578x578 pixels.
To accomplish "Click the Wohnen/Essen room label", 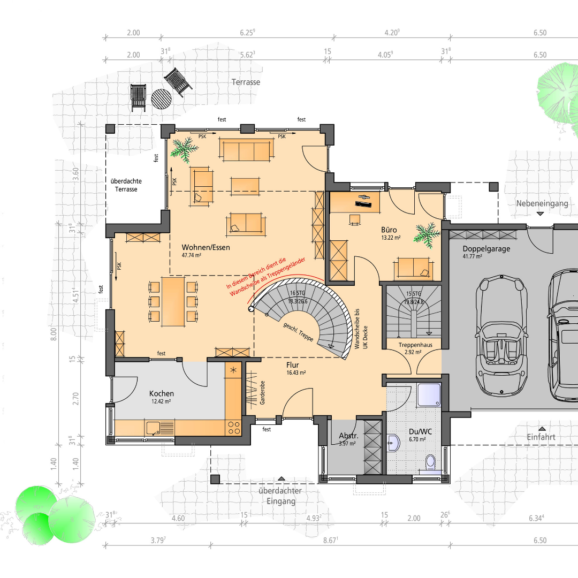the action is (x=206, y=247).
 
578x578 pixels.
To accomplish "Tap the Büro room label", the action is (x=389, y=230).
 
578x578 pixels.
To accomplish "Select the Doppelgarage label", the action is (x=486, y=249).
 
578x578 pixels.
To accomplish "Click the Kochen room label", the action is (x=162, y=394).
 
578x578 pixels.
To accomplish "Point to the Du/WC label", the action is (x=420, y=432).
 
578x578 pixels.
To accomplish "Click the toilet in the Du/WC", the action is (x=430, y=463).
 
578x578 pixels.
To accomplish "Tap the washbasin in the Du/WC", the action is (x=393, y=443).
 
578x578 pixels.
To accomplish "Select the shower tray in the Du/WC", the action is (x=429, y=395).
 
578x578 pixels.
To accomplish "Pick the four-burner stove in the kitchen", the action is (x=234, y=428).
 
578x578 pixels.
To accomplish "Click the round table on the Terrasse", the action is (x=162, y=99).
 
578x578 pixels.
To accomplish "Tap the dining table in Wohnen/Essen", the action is (x=173, y=302).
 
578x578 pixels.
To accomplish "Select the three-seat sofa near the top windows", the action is (x=246, y=150).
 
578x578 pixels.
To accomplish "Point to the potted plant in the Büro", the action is (x=427, y=234).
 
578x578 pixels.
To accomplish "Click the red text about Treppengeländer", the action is (x=266, y=277).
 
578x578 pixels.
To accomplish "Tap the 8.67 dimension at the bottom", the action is (x=331, y=541).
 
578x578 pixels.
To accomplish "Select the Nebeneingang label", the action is (x=542, y=203).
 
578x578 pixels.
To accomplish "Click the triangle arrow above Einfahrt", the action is (x=542, y=429).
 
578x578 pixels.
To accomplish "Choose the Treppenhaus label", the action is (x=415, y=345).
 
